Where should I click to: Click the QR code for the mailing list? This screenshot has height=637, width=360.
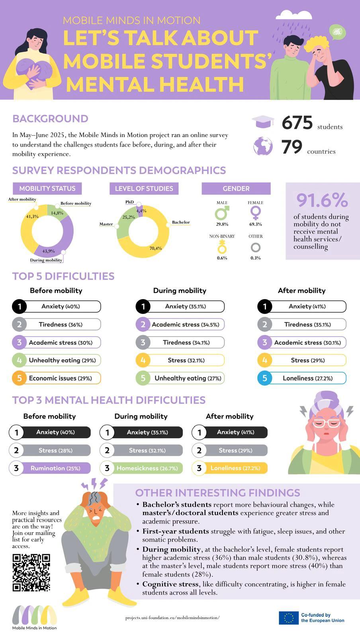click(31, 572)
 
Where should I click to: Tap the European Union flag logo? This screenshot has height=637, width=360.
click(288, 617)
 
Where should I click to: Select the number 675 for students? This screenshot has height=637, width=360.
click(297, 123)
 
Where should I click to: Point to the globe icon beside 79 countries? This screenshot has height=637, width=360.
click(263, 146)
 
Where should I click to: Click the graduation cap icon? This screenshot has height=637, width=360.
click(263, 122)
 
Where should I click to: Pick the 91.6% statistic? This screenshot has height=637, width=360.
click(322, 200)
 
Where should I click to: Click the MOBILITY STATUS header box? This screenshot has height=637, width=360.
click(47, 188)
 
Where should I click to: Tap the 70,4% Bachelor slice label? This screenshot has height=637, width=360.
click(155, 248)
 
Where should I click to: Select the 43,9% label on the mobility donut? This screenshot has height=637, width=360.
click(49, 251)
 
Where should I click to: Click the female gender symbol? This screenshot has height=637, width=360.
click(256, 212)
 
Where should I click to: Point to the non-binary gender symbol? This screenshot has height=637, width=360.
click(222, 247)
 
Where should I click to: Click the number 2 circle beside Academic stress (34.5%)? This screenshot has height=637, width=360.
click(143, 324)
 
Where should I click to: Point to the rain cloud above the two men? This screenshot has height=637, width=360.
click(294, 15)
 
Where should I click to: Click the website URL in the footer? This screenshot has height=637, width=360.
click(172, 617)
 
